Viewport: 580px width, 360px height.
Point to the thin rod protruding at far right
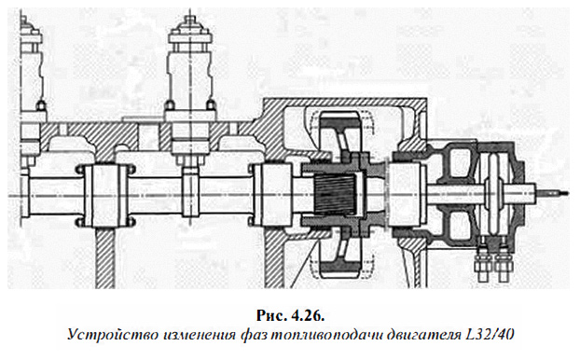coord(549,194)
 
